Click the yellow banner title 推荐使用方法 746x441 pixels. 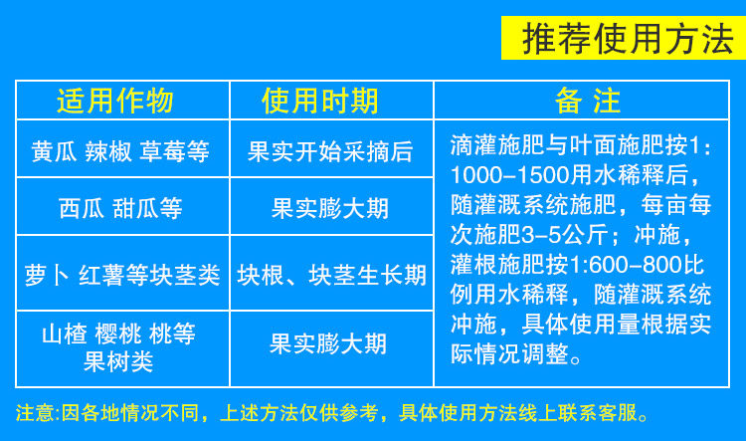[x=628, y=38]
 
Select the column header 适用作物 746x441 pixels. [x=115, y=101]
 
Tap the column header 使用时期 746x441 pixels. [x=320, y=101]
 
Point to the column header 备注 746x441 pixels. [x=588, y=101]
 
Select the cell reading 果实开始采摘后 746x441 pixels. [x=330, y=152]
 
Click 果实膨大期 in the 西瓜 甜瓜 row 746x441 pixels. [x=330, y=209]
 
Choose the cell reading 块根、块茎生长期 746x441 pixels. [x=331, y=276]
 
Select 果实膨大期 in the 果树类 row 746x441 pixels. [x=328, y=343]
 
